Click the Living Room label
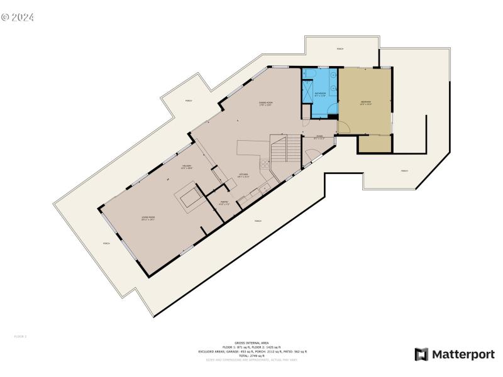tap(148, 218)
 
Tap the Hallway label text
tap(186, 167)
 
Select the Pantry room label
tap(224, 203)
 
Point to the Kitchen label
tap(243, 175)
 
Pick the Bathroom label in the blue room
tap(320, 95)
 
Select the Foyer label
tap(319, 137)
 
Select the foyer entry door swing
tap(310, 155)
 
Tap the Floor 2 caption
tap(20, 337)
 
